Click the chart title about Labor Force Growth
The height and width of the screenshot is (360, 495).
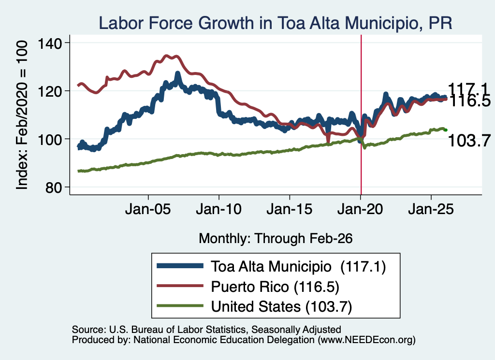pos(275,23)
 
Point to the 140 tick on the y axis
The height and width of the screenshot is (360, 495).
pos(49,43)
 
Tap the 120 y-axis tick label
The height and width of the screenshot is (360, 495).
pos(49,91)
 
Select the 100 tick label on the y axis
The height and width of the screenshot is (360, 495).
pos(49,139)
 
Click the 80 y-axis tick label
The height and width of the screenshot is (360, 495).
pos(53,187)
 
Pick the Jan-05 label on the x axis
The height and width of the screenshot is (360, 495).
pos(148,209)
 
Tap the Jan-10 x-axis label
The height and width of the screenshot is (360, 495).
pos(218,209)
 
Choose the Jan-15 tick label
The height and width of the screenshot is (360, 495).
pos(289,209)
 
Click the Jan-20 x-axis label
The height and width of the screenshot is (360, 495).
pos(360,209)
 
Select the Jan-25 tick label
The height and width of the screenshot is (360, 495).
pos(431,209)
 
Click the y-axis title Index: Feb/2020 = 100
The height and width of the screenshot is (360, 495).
pos(22,115)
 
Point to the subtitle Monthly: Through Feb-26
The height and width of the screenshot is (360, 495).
pos(276,238)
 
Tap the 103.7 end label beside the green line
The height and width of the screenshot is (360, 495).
pos(469,141)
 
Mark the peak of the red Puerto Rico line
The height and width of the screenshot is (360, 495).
pos(167,56)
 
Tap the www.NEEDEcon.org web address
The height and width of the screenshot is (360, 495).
pos(366,340)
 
